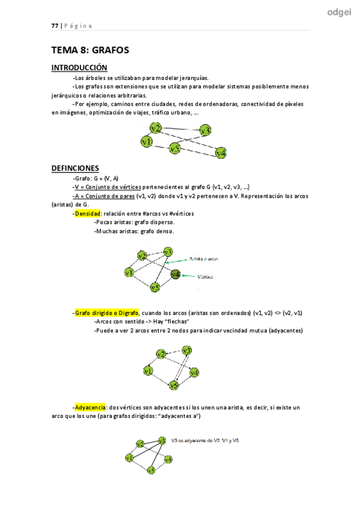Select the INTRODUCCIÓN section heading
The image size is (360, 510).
coord(79,68)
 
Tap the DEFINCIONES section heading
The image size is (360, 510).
coord(75,168)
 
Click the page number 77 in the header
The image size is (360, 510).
coord(54,25)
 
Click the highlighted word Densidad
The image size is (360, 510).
coord(88,214)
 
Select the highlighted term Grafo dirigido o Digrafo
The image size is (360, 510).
coord(107,313)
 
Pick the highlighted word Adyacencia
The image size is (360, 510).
coord(91,407)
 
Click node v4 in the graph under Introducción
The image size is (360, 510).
coord(220,152)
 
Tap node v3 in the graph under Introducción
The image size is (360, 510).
coord(206,130)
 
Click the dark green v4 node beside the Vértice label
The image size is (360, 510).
coord(175,274)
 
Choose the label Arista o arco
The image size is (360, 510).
coord(204,259)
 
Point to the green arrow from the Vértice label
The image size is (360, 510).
coord(189,276)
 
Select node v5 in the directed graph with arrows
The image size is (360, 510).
coord(174,385)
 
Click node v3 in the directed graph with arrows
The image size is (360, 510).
coord(187,351)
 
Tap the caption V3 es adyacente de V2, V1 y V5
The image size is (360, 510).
coord(206,440)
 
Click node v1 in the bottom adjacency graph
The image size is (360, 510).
coord(129,459)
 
